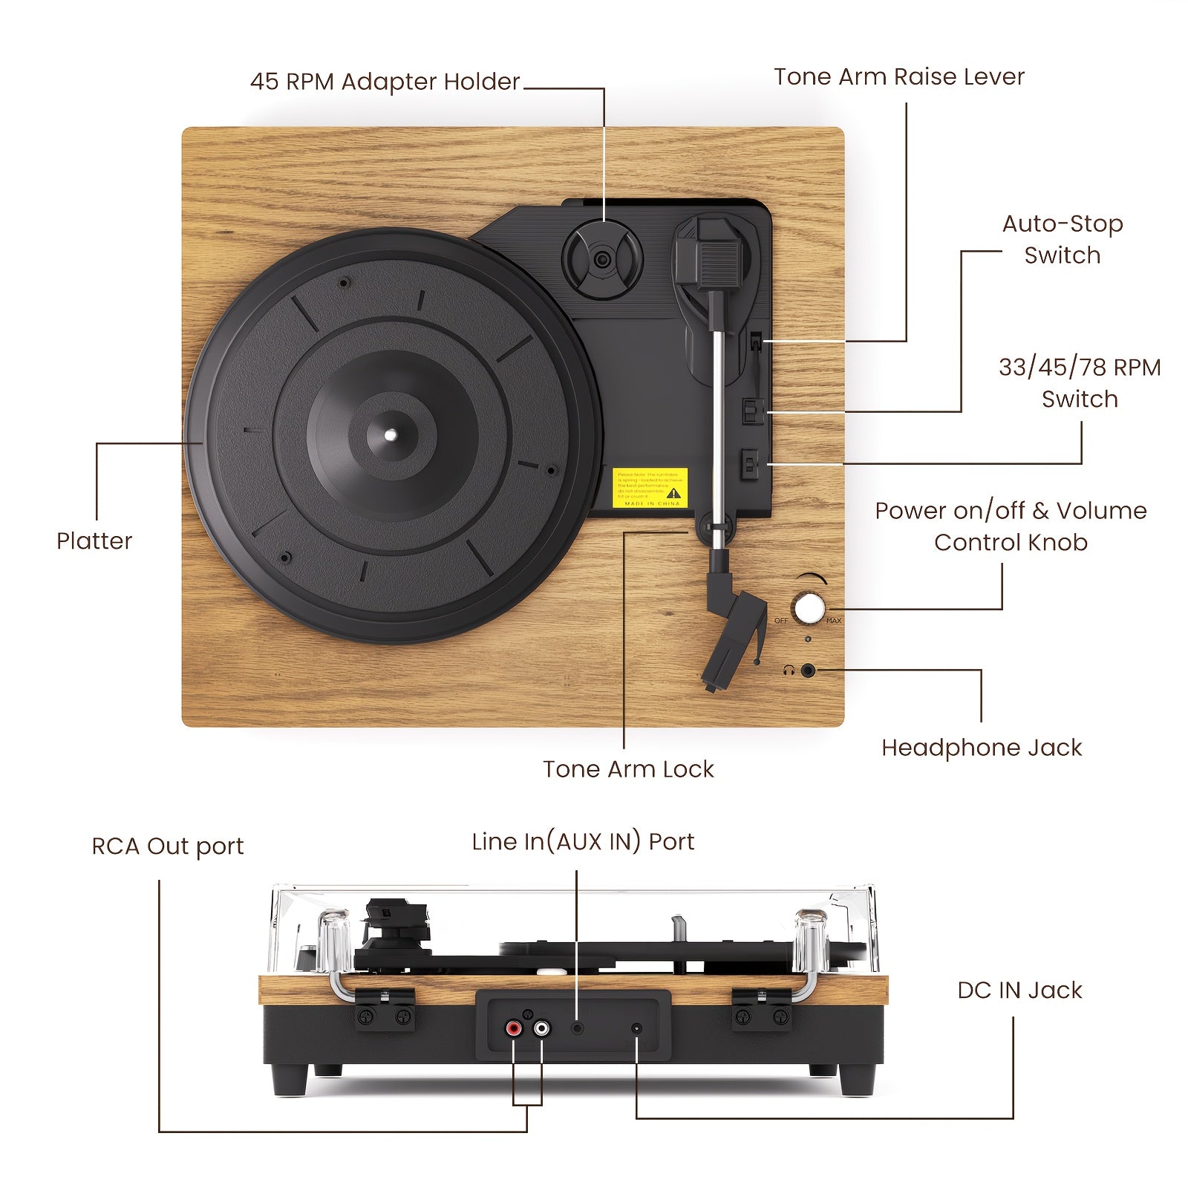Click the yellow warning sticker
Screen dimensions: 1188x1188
tap(650, 488)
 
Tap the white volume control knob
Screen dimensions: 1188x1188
tap(809, 608)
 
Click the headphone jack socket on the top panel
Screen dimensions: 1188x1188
tap(808, 671)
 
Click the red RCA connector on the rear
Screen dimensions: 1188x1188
tap(513, 1029)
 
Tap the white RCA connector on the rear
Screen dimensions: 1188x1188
tap(541, 1029)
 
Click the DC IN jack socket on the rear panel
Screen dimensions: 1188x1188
tap(636, 1028)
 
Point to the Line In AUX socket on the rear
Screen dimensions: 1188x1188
tap(578, 1028)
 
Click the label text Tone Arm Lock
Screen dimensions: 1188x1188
tap(628, 769)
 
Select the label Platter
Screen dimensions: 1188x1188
tap(94, 541)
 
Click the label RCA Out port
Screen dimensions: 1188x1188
tap(168, 846)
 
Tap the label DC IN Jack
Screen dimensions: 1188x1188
tap(1019, 990)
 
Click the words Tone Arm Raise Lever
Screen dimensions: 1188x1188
tap(898, 76)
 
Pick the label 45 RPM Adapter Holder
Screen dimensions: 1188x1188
tap(385, 82)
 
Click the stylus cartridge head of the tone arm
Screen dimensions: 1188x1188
tap(731, 639)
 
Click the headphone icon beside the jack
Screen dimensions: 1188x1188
tap(789, 671)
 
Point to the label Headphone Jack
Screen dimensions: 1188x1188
tap(981, 748)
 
